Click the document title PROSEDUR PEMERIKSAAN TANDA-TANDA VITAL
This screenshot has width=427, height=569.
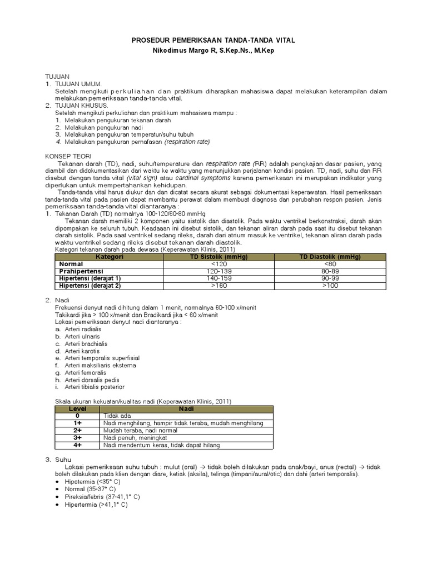[x=213, y=41]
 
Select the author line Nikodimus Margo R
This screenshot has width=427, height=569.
[x=213, y=51]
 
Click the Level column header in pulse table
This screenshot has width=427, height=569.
[x=77, y=408]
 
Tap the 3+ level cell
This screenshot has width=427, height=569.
[x=77, y=437]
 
